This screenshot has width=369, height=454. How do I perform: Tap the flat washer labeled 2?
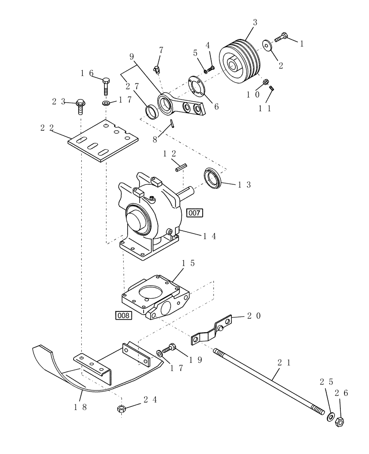(266, 45)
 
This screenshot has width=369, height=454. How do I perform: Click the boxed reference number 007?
(195, 212)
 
